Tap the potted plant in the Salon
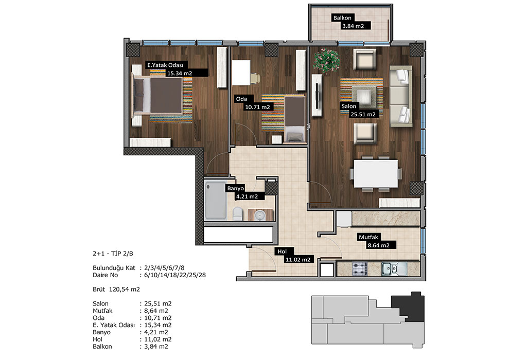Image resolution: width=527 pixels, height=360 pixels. click(326, 61)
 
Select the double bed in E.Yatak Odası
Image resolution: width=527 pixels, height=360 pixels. click(158, 96)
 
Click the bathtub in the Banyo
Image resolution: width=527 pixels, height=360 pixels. click(216, 201)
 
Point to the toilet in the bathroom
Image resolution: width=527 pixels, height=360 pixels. click(238, 213)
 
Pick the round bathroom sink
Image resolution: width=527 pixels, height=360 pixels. click(260, 215)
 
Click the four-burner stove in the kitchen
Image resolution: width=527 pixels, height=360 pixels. click(360, 268)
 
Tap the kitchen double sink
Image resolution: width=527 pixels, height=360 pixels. click(394, 268)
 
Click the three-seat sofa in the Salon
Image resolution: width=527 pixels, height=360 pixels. click(400, 96)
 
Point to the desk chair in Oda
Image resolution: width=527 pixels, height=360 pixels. click(255, 78)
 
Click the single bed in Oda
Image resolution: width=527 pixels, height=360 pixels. click(294, 119)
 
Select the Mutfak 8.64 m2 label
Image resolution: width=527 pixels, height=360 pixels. click(376, 241)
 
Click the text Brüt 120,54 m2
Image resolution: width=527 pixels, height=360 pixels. click(116, 289)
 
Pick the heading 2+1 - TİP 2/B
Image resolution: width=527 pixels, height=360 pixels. click(113, 254)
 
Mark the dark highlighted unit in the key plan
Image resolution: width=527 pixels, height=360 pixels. click(408, 307)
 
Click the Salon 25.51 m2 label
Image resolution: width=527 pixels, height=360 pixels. click(359, 110)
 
